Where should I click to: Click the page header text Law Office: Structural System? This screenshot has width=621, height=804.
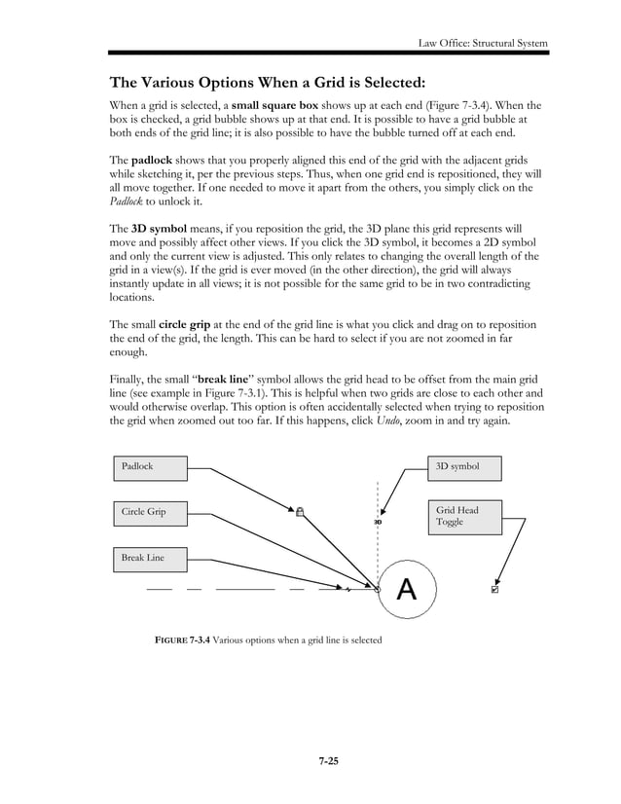(x=482, y=43)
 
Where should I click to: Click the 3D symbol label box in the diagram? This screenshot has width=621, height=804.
(x=464, y=467)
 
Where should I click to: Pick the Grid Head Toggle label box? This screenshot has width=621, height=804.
(x=464, y=517)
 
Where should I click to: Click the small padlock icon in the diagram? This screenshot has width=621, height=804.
(x=300, y=510)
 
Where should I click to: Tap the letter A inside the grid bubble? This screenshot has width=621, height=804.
(x=407, y=589)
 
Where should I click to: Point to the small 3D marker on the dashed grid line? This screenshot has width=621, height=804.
(x=378, y=523)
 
